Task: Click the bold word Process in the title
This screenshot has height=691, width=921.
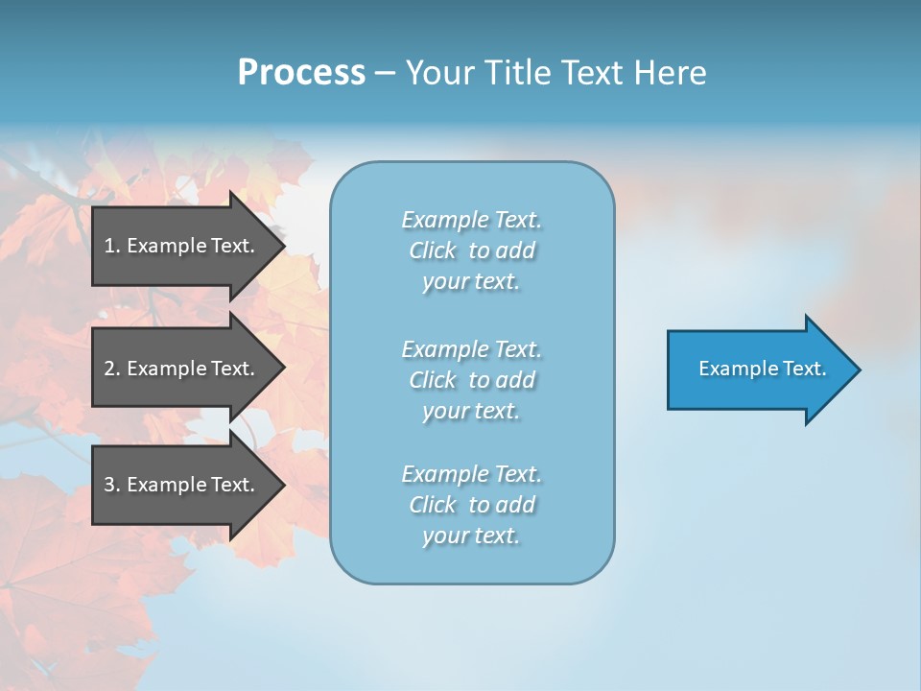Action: (301, 73)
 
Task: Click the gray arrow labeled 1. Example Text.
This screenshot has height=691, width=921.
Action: (182, 246)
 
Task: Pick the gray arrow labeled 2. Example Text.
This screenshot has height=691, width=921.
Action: (182, 369)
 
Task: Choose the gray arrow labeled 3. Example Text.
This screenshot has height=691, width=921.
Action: (182, 485)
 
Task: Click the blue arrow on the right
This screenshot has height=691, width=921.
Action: (758, 369)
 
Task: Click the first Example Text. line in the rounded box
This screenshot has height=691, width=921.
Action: (472, 220)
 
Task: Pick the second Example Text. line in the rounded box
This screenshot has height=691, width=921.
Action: (472, 348)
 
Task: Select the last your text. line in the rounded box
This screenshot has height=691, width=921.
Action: (471, 536)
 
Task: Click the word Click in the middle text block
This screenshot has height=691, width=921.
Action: (433, 380)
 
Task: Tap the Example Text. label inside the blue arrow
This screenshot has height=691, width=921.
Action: (762, 369)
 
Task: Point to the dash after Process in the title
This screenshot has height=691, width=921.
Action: (386, 74)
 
